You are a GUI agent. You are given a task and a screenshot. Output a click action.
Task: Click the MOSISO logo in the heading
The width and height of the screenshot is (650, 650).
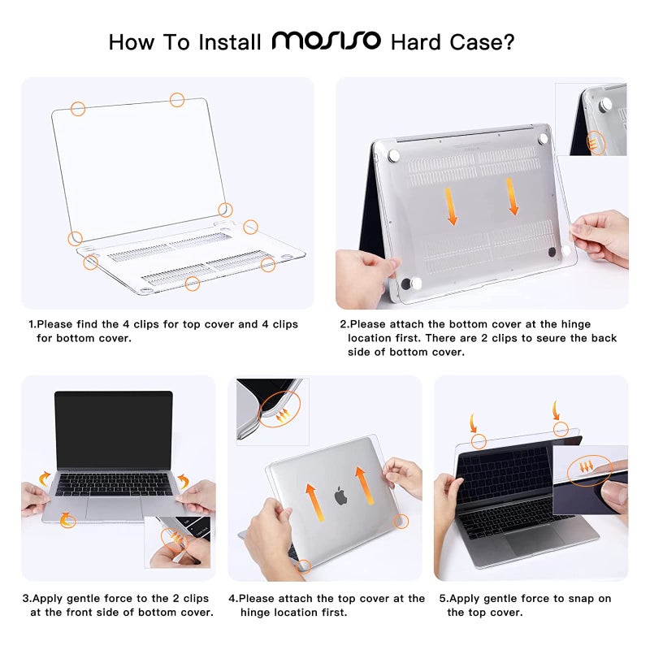[326, 41]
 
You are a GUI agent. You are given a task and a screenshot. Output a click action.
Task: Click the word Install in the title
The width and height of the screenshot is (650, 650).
[227, 41]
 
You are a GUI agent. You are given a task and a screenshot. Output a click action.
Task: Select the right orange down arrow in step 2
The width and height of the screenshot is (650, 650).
[513, 197]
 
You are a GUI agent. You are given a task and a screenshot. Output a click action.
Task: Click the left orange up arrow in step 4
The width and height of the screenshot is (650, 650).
[310, 504]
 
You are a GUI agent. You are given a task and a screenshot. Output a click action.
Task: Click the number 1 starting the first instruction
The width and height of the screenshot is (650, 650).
[31, 324]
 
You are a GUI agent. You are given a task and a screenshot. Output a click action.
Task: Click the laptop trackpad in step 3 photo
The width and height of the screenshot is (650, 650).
[113, 508]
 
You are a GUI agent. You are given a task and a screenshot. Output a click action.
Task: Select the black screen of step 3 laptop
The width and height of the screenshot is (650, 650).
[114, 431]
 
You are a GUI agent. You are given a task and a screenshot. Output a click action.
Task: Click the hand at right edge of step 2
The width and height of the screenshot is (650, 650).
[601, 236]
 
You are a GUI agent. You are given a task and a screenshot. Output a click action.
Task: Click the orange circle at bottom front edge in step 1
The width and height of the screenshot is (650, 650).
[193, 284]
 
